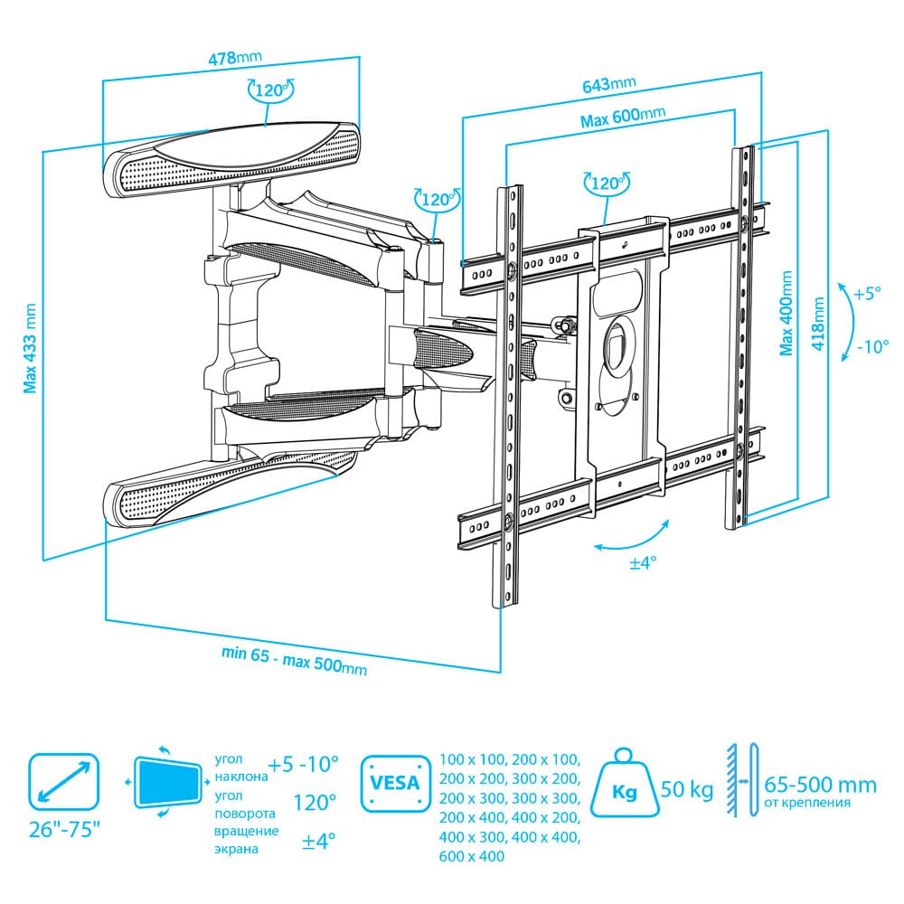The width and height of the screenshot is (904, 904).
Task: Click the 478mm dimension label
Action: (235, 57)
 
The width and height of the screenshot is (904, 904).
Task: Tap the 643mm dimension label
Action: (608, 83)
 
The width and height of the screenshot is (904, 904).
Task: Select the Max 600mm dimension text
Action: (623, 117)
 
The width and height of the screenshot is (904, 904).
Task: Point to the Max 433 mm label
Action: (30, 348)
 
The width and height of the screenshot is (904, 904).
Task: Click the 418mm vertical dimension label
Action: (818, 324)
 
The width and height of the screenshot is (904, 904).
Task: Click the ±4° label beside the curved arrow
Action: (643, 562)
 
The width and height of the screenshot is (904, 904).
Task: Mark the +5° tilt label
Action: (867, 294)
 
